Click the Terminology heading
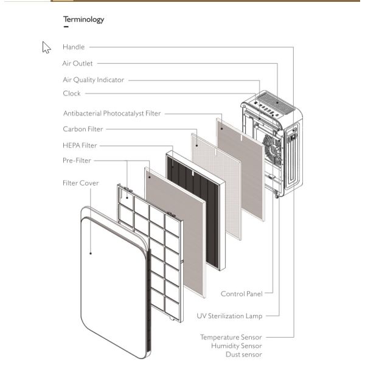click(83, 19)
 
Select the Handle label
click(74, 47)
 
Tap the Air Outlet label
click(77, 63)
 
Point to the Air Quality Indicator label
click(93, 80)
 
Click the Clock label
click(71, 94)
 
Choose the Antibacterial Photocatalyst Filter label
click(112, 114)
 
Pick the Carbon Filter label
click(83, 129)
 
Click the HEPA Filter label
click(80, 145)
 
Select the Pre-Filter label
click(76, 161)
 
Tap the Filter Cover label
click(80, 183)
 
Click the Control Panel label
click(242, 294)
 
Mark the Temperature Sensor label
click(231, 336)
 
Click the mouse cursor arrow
click(46, 47)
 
